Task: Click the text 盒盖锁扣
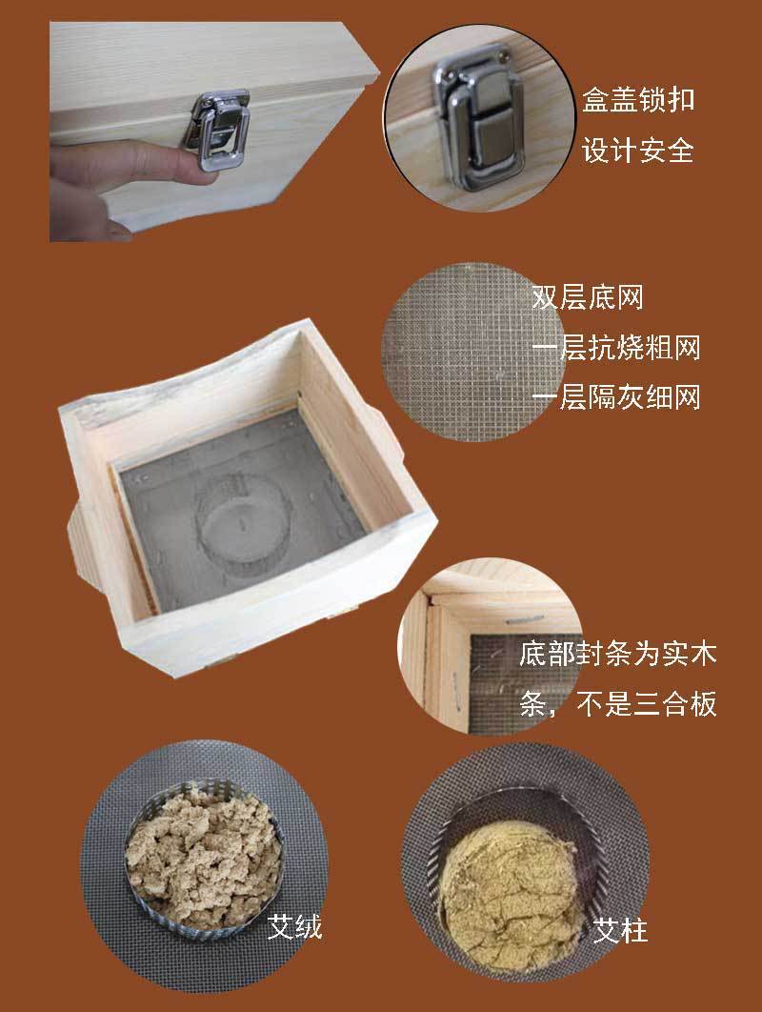click(638, 100)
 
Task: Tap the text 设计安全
click(638, 151)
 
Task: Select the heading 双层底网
click(587, 297)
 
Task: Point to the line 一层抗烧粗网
click(616, 347)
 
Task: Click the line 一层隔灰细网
click(616, 397)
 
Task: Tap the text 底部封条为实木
click(618, 654)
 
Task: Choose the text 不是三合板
click(647, 703)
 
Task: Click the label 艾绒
click(294, 927)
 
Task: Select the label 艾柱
click(619, 930)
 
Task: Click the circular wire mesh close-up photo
click(473, 352)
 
